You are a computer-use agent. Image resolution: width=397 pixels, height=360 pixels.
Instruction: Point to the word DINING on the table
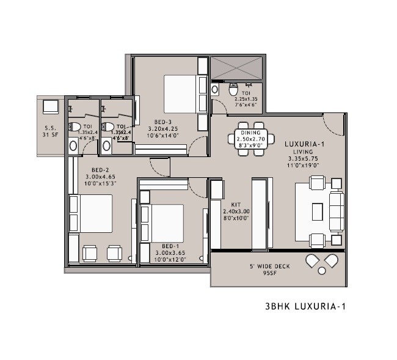[x=250, y=133]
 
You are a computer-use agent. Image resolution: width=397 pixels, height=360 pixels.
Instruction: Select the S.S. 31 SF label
[x=49, y=131]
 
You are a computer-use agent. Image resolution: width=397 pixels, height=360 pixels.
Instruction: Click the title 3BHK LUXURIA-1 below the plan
[x=305, y=307]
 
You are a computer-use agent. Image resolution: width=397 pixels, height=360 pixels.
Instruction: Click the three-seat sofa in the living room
[x=337, y=211]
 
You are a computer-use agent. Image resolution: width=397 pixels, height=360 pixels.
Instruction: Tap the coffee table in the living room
[x=316, y=211]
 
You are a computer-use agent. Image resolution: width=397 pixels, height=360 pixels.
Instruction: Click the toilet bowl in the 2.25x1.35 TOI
[x=233, y=89]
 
